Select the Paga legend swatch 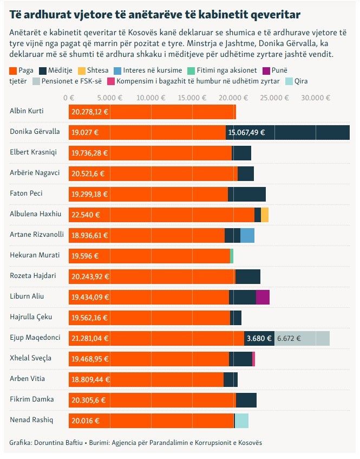coord(13,70)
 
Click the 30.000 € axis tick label coord(316,98)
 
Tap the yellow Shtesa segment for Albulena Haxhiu coord(265,215)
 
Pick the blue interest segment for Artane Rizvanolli coord(247,235)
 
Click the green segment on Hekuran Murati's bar coord(232,256)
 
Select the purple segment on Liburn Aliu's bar coord(263,297)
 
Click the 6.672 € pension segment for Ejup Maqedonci coord(302,338)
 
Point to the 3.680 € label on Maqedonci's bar coord(259,338)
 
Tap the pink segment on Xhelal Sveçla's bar coord(253,359)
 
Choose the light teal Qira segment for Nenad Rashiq coord(241,421)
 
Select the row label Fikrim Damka coord(32,399)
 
